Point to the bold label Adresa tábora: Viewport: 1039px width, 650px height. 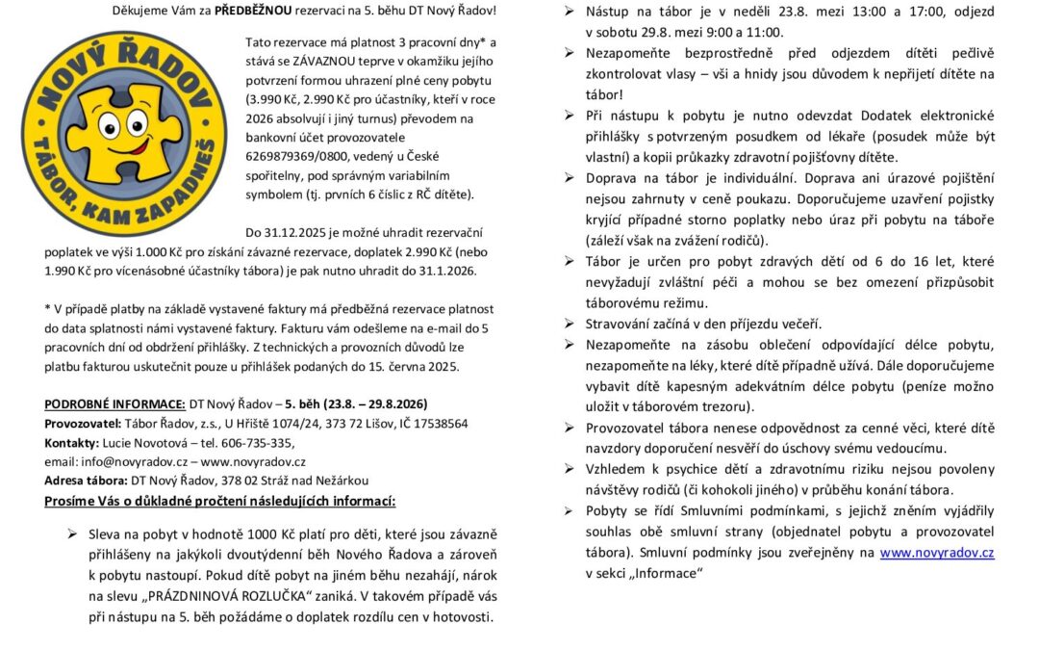click(x=86, y=481)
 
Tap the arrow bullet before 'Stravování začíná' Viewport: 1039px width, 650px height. click(x=568, y=324)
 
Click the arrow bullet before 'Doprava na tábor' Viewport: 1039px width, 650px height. click(x=568, y=178)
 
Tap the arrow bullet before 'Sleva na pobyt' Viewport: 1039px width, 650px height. click(x=71, y=533)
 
